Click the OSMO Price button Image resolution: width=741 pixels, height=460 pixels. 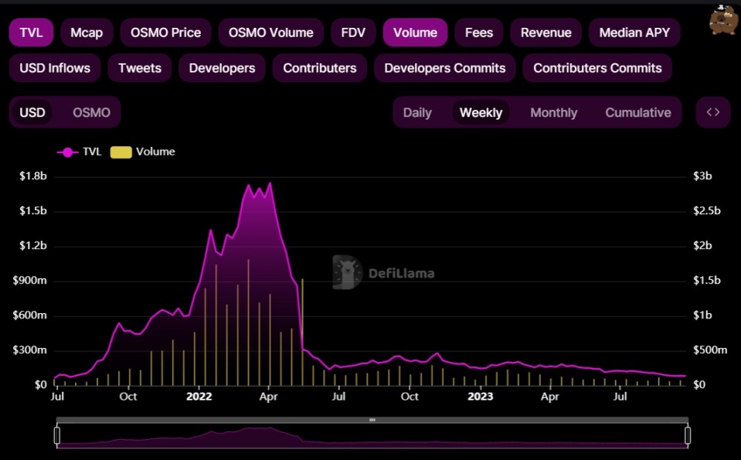coord(165,32)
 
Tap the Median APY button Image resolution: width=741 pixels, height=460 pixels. coord(634,32)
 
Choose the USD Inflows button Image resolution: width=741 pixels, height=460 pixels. coord(55,68)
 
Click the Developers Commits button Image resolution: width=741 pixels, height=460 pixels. coord(444,68)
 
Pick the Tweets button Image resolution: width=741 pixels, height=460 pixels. coord(140,68)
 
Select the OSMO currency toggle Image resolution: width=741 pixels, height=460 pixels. coord(91,112)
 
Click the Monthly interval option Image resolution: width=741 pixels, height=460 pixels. coord(553,112)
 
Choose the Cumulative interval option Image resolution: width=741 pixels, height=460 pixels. coord(637,112)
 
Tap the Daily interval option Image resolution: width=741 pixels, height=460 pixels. coord(417,112)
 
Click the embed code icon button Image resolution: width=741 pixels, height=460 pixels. coord(712,112)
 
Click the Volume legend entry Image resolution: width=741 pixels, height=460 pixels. coord(144,152)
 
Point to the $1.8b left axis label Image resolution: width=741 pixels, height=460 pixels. coord(33,176)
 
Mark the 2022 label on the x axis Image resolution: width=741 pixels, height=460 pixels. coord(199,397)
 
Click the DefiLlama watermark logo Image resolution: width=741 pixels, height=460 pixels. coord(383,272)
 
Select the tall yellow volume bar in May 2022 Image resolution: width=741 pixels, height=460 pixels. coord(302,332)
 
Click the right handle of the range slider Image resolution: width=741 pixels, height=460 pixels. coord(688,435)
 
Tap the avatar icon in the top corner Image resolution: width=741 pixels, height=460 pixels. coord(722,20)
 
